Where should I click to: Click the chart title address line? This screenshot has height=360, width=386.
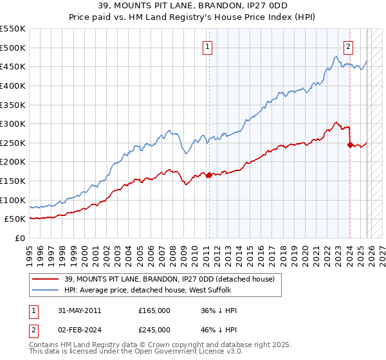[192, 6]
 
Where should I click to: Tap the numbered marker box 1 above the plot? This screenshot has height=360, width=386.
[208, 46]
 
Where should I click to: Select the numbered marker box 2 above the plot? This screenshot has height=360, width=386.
[348, 46]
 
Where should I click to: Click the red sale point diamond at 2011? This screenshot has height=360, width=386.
[209, 175]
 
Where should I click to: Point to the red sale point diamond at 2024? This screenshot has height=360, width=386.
[350, 145]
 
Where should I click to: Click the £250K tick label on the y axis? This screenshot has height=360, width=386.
[13, 143]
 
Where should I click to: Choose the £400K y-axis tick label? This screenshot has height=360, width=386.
[13, 85]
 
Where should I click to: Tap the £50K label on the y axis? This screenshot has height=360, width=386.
[15, 219]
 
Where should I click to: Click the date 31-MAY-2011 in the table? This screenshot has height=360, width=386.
[74, 310]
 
